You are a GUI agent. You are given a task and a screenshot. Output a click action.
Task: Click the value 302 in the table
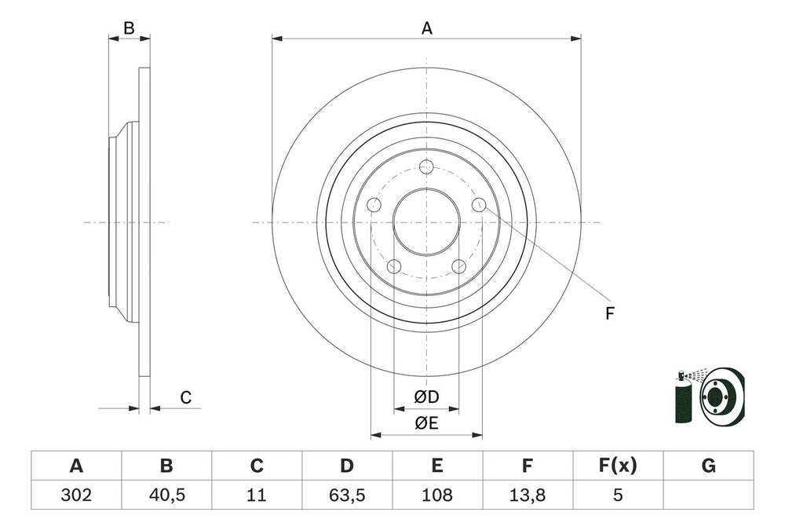[x=76, y=496]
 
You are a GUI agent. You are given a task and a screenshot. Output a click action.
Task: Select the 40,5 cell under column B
[x=166, y=496]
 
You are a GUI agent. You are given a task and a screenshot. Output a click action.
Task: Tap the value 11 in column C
[x=257, y=496]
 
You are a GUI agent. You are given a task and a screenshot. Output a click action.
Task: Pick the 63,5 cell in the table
[x=347, y=496]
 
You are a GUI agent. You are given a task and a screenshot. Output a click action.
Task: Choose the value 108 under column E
[x=437, y=496]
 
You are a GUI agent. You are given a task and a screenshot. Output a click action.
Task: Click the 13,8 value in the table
[x=528, y=496]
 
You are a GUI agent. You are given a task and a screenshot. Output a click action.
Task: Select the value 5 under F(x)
[x=618, y=496]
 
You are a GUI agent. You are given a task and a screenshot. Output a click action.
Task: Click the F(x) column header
[x=618, y=466]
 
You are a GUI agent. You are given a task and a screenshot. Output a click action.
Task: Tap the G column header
[x=708, y=466]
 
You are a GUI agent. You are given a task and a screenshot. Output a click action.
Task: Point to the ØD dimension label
[x=426, y=397]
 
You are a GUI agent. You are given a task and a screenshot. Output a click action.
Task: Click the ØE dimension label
[x=426, y=423]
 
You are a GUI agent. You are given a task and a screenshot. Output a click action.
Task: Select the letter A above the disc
[x=426, y=28]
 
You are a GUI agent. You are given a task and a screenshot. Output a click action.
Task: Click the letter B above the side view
[x=129, y=28]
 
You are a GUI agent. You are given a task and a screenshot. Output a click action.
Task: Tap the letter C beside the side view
[x=185, y=398]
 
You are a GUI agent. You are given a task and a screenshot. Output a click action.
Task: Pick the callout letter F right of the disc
[x=609, y=314]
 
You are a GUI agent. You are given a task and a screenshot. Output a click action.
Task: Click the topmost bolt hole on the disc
[x=426, y=166]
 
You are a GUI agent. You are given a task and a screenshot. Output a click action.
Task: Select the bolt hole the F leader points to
[x=479, y=205]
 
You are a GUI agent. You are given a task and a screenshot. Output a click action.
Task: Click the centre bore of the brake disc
[x=426, y=222]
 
